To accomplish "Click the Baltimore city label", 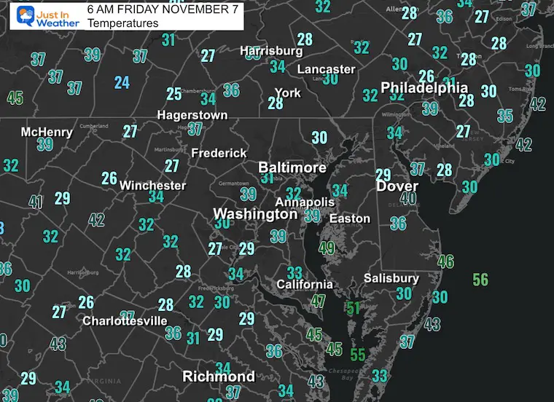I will [292, 167].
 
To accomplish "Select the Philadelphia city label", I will [424, 87].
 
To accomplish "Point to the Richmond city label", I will [218, 377].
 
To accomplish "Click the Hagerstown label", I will [192, 115].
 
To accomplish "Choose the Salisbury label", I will [392, 278].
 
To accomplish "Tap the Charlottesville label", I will [125, 320].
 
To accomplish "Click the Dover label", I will [397, 186].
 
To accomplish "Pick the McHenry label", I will [47, 132].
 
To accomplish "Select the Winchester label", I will [152, 185].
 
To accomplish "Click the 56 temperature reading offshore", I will [480, 280].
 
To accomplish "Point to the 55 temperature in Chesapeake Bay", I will [357, 355].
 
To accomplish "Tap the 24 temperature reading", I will [122, 82].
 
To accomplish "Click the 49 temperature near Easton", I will [327, 248].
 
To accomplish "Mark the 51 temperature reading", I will [354, 308].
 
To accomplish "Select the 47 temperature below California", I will [319, 301].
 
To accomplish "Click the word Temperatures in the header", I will [122, 23].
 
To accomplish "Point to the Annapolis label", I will [305, 202].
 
